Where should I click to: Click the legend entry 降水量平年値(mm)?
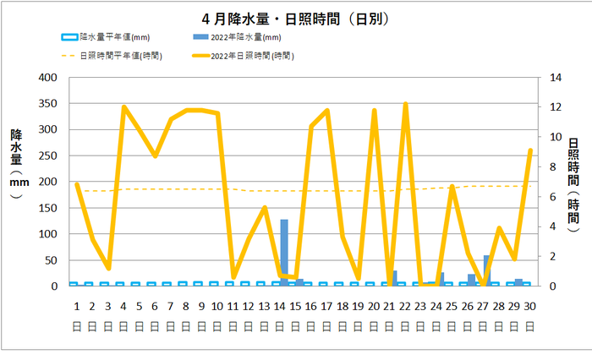click(x=106, y=37)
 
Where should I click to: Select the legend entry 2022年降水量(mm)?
click(x=237, y=37)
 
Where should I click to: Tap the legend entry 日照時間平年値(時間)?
click(x=112, y=56)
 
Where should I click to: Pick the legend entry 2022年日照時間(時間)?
click(x=244, y=56)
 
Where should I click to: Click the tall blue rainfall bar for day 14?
click(x=284, y=253)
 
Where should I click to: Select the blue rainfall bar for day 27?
click(x=487, y=270)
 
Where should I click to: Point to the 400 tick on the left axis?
click(x=48, y=78)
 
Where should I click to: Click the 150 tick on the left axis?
click(x=48, y=208)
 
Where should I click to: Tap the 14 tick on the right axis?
click(x=556, y=78)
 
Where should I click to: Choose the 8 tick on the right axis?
click(x=553, y=166)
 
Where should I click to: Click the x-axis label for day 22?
click(x=405, y=315)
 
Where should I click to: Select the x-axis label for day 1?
click(x=77, y=315)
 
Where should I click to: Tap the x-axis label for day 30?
click(x=529, y=315)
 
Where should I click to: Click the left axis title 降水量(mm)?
click(x=17, y=163)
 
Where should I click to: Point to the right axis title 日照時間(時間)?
click(x=573, y=185)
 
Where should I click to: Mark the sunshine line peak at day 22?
click(x=405, y=103)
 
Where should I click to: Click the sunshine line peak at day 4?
click(x=123, y=106)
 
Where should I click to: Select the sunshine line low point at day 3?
click(x=109, y=268)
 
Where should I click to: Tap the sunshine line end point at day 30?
click(x=530, y=150)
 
